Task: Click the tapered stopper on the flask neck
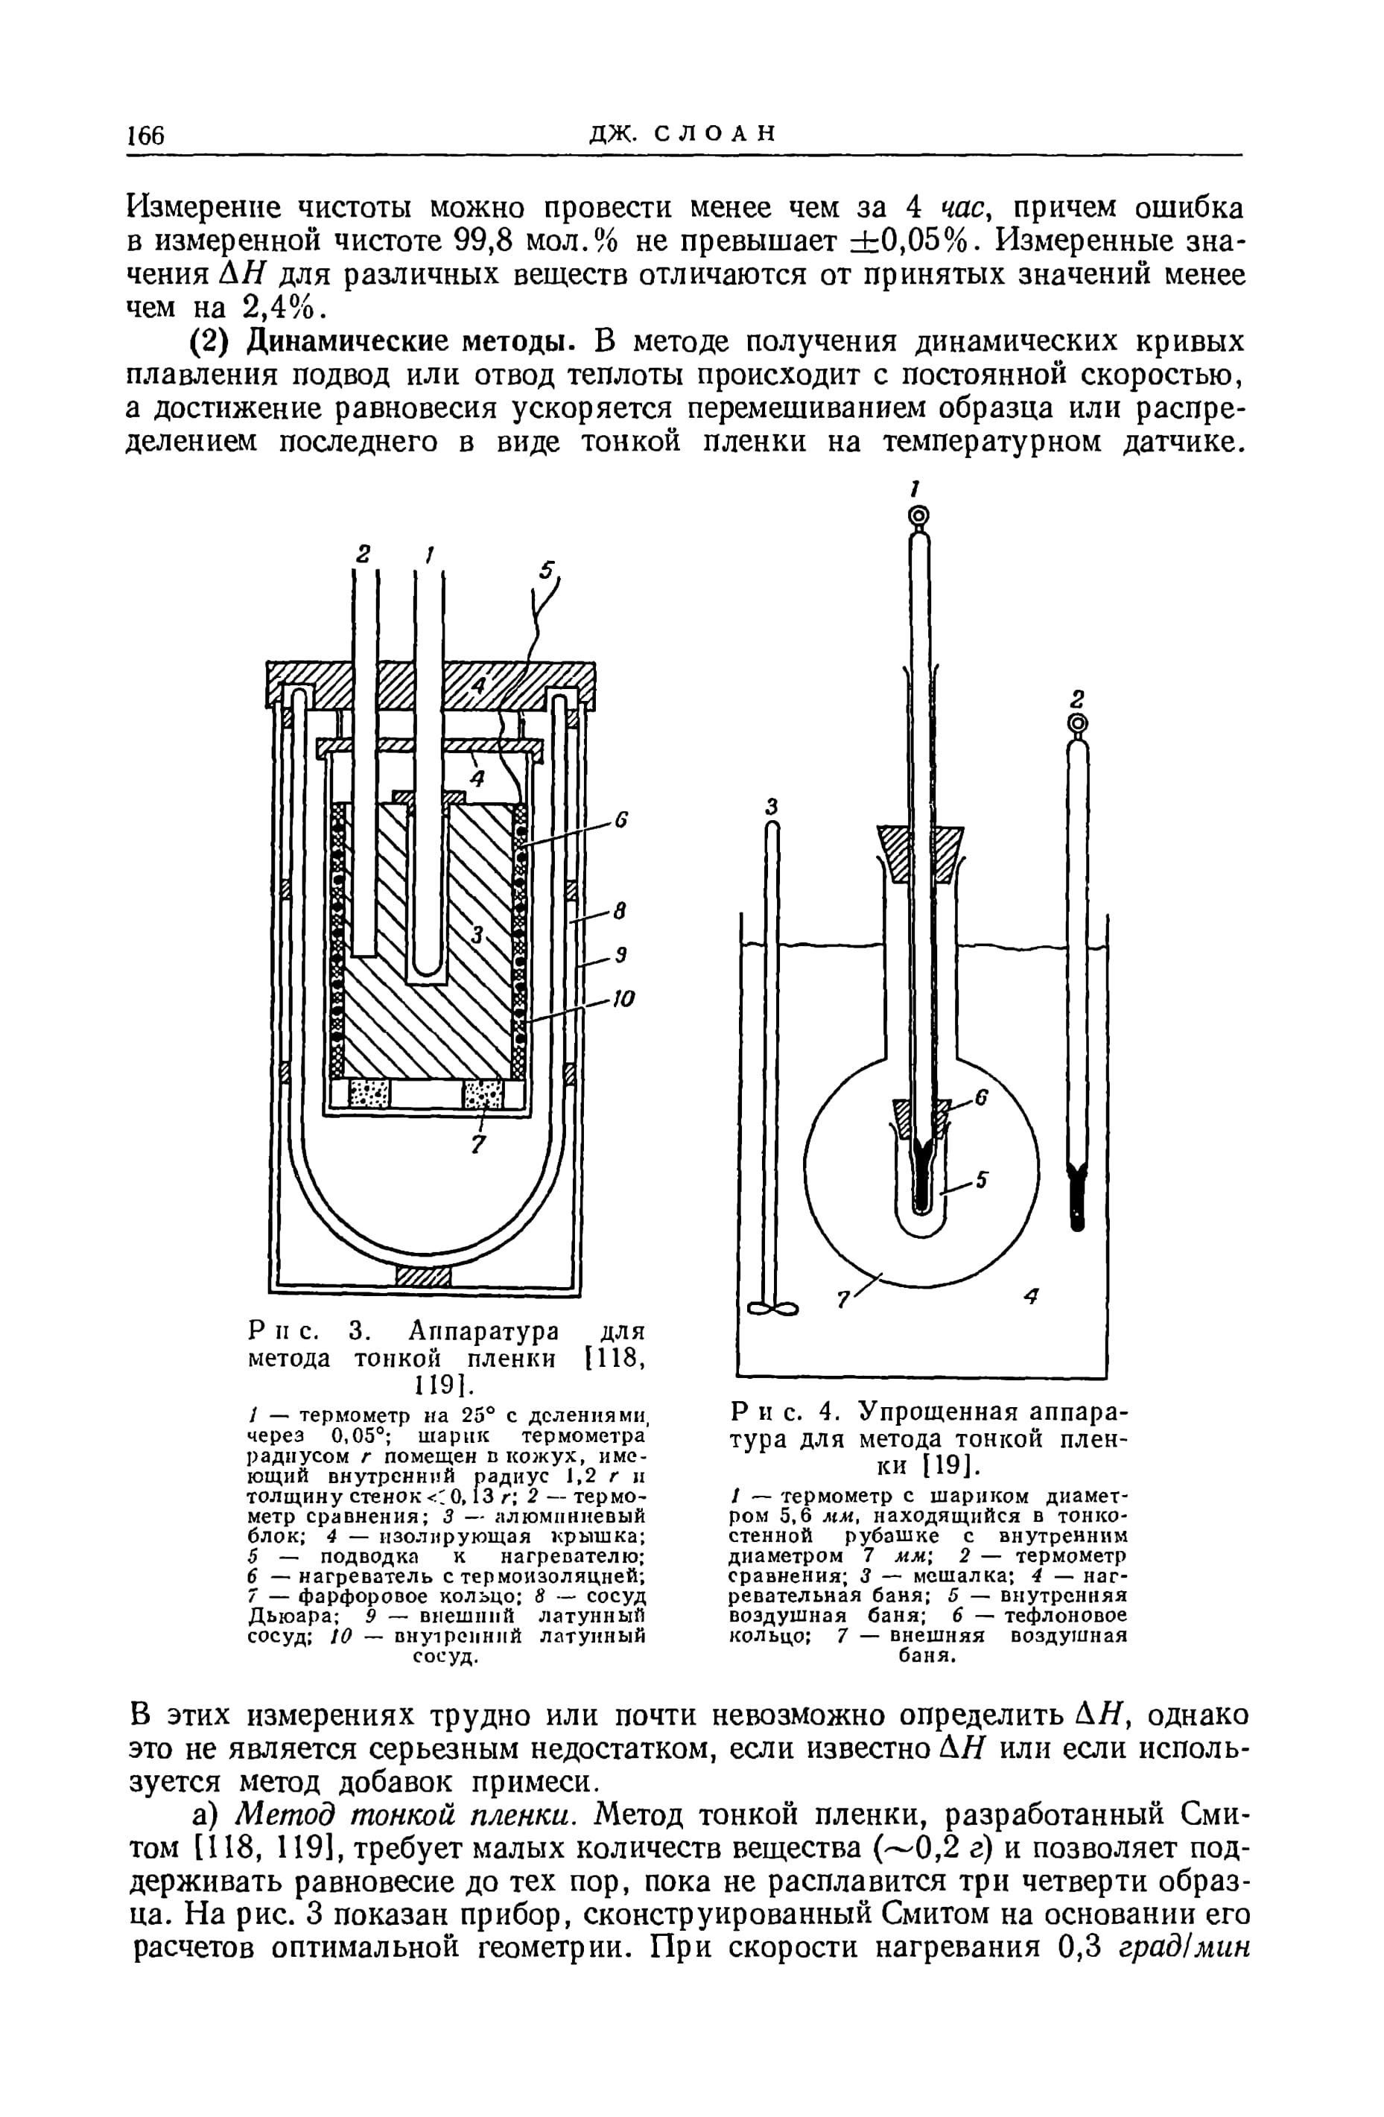(920, 842)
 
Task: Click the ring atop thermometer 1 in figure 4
(918, 515)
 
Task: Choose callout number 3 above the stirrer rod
(772, 806)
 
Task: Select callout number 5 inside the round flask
(982, 1181)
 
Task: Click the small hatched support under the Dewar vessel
(422, 1277)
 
